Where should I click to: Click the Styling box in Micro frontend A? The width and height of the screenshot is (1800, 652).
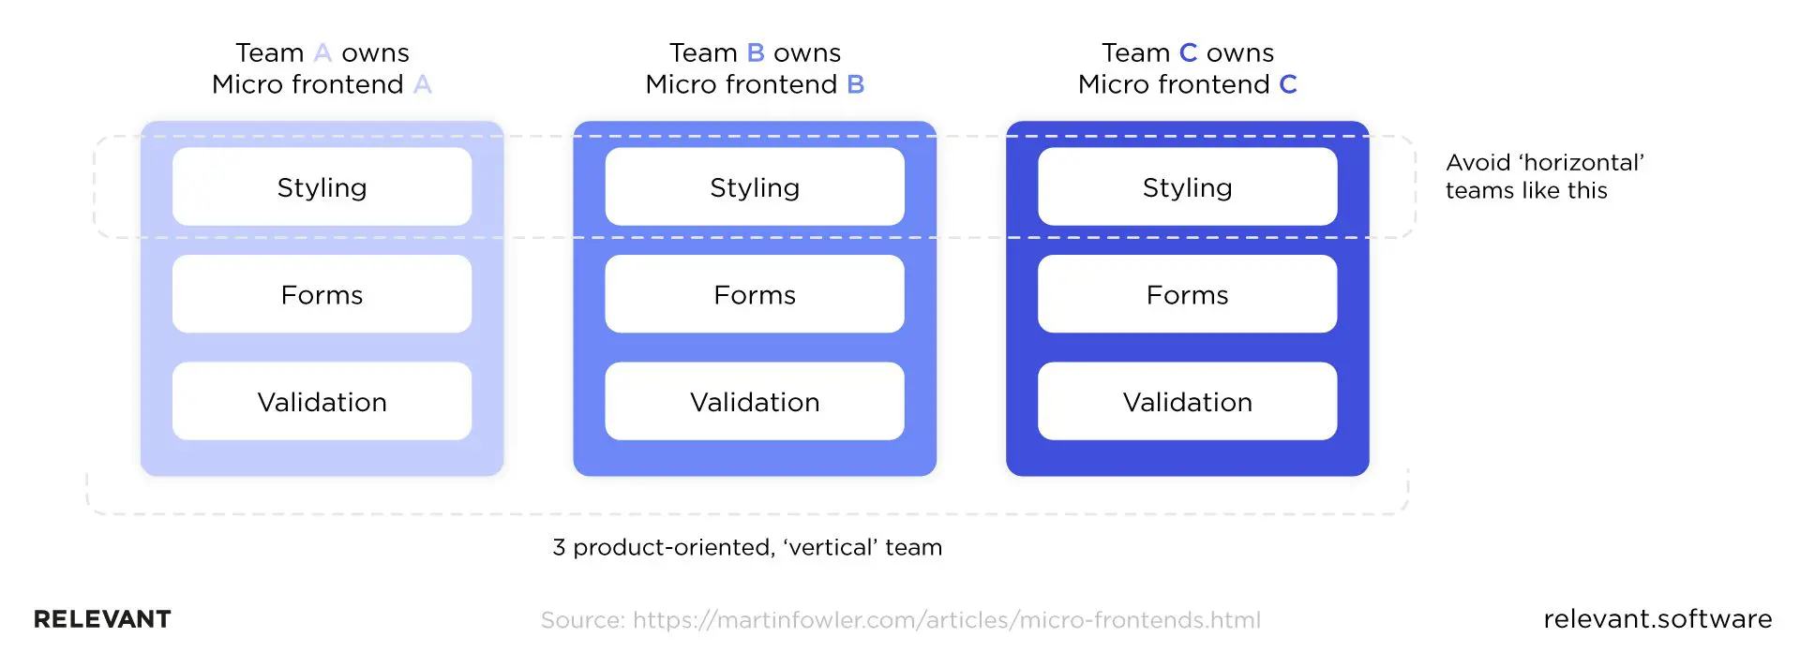pos(322,186)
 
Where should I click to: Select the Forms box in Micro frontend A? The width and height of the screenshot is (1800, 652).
pos(322,294)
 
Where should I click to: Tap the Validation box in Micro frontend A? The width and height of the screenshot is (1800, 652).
pos(322,401)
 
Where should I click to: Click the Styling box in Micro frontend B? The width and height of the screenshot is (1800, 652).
pos(755,186)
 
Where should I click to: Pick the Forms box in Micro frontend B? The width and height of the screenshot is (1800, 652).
pos(755,294)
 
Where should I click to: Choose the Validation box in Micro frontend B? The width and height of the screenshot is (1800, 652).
pos(755,401)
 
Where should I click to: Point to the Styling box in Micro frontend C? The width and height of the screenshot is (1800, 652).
pos(1187,186)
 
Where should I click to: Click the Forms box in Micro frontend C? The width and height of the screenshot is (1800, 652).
pos(1187,294)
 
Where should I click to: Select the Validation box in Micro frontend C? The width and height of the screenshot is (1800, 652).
pos(1187,401)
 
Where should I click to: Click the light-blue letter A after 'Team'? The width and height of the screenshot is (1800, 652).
pos(322,52)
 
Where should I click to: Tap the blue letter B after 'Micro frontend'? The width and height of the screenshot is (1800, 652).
pos(855,84)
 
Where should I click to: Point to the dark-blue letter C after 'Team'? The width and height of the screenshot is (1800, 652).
pos(1188,52)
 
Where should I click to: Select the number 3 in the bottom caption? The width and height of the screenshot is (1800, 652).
pos(559,547)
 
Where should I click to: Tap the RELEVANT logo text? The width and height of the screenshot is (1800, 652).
pos(102,619)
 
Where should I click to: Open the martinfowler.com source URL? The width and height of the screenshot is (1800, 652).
pos(946,620)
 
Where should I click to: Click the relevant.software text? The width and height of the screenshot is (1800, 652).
pos(1657,618)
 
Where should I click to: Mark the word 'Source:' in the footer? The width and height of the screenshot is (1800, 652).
pos(582,620)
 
